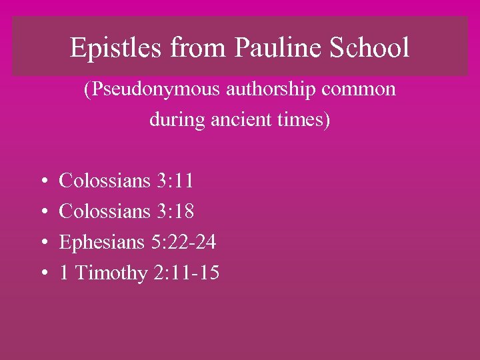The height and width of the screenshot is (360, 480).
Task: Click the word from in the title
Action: click(x=188, y=48)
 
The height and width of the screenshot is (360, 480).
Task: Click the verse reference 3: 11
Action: click(x=175, y=180)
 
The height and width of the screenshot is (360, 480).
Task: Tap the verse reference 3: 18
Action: click(x=175, y=211)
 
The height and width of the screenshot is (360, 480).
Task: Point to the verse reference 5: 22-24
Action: click(x=183, y=242)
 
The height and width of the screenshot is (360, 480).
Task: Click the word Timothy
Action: click(x=111, y=273)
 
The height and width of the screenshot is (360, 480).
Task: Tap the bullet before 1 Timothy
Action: click(x=43, y=274)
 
